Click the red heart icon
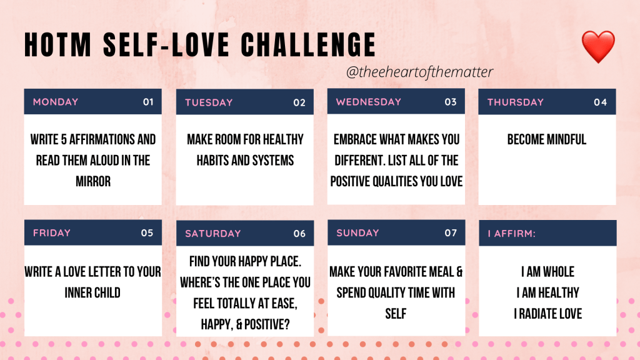coord(598,46)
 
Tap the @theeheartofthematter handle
coord(419,72)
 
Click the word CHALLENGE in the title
coord(308,44)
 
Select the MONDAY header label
coord(56,102)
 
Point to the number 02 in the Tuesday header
coord(299,102)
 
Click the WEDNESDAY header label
coord(369,102)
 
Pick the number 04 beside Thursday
coord(601,102)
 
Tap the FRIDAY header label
coord(52,232)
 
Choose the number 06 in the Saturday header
coord(299,234)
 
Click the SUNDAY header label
coord(357,232)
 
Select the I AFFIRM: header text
coord(511,234)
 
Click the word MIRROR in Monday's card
coord(93,181)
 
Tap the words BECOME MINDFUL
coord(547,139)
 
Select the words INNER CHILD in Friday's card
coord(92,292)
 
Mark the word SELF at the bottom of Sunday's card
coord(396,314)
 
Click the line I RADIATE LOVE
coord(547,314)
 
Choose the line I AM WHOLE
coord(547,272)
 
